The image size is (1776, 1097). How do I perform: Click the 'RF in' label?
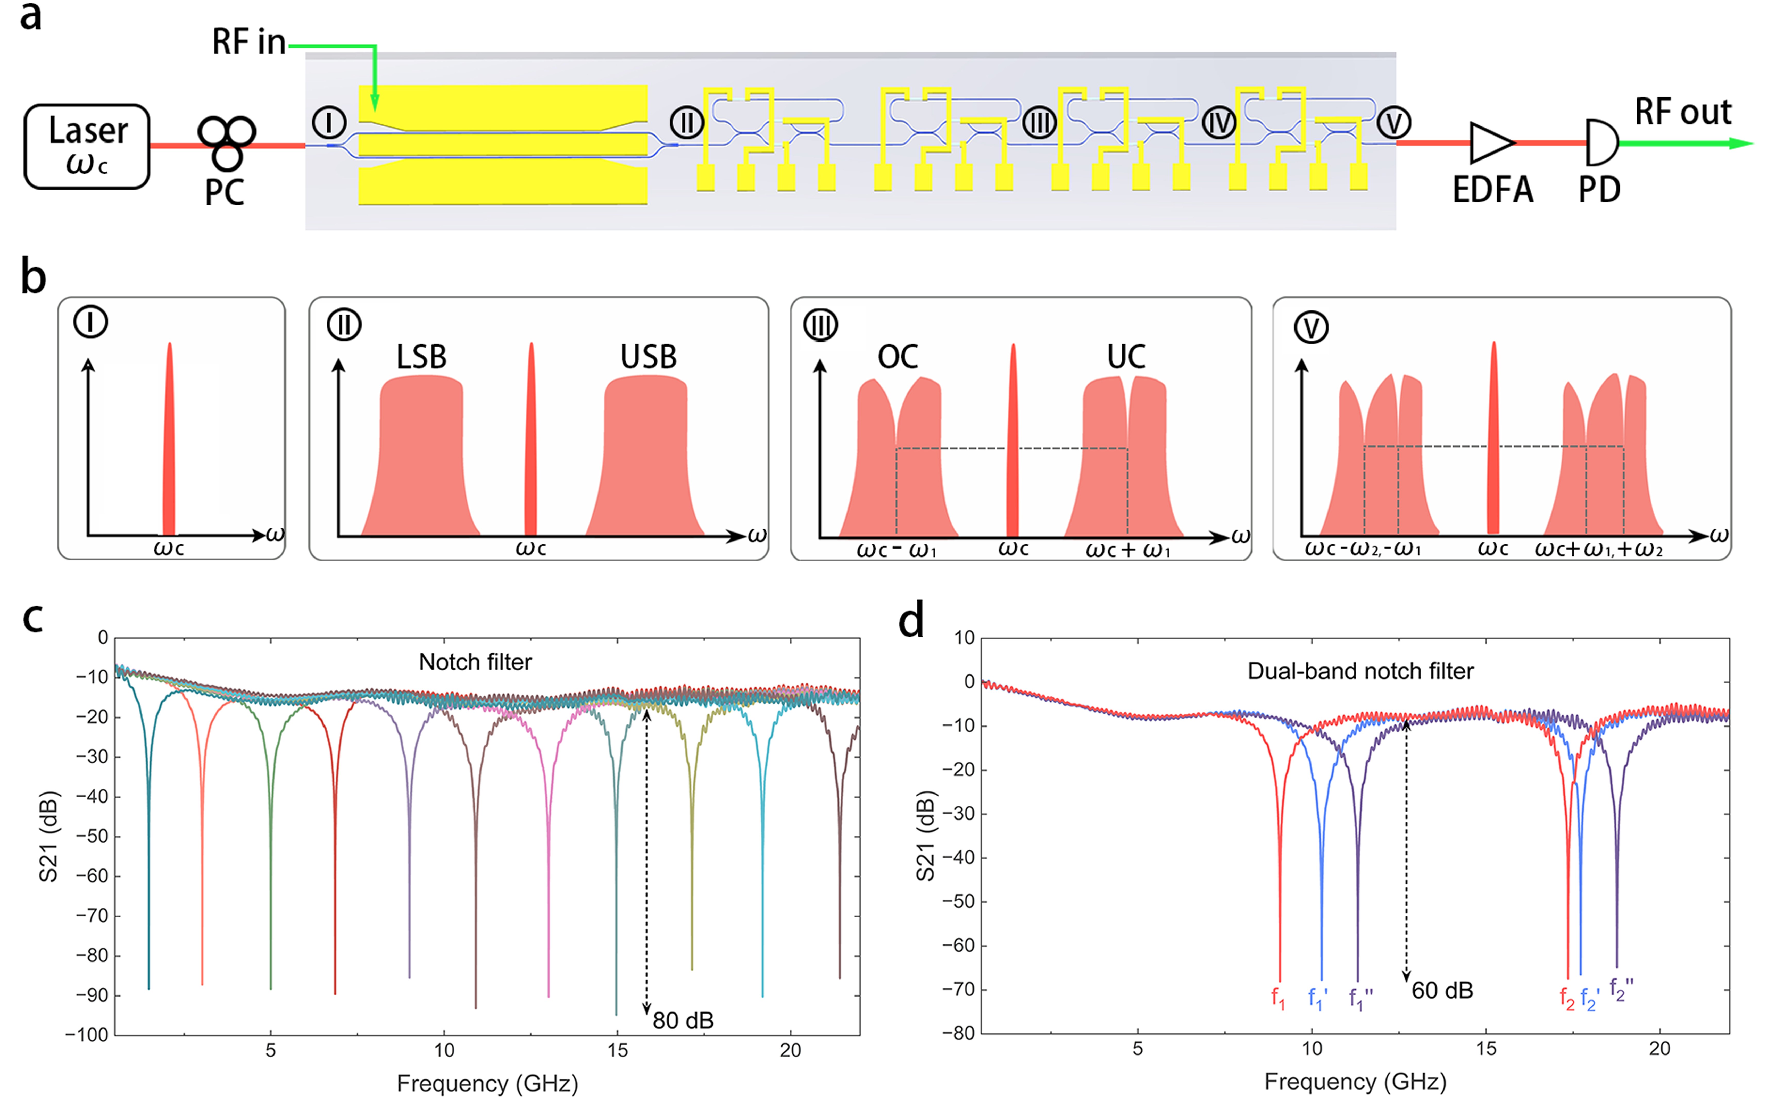[249, 42]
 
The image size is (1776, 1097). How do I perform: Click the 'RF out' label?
[1682, 113]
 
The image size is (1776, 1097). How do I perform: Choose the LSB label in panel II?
[421, 357]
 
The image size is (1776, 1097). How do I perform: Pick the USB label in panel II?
[648, 357]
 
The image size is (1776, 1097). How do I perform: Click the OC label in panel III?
[898, 357]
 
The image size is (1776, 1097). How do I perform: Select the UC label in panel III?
[1126, 357]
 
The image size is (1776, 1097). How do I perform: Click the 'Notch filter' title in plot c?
[475, 662]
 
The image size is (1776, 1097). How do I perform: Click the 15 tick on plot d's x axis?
[1486, 1048]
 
